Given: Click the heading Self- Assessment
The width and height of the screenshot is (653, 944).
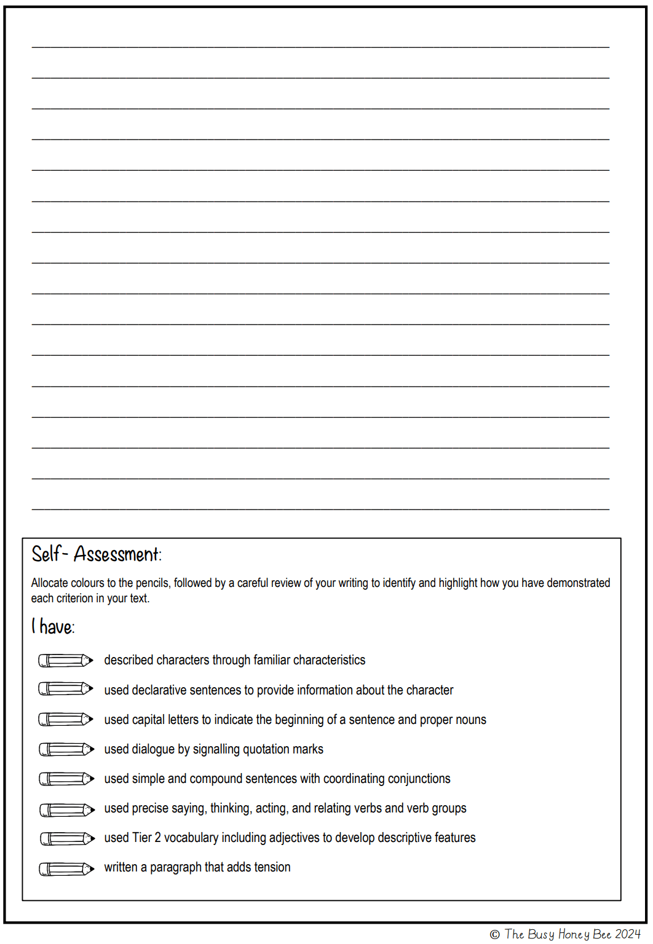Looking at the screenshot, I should point(96,554).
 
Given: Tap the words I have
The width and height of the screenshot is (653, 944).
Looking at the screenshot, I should point(53,627).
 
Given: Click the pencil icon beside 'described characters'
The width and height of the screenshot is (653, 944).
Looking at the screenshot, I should point(66,661).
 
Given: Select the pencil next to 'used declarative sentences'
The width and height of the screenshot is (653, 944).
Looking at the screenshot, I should point(66,689).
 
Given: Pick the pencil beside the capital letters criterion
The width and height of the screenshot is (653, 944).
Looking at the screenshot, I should point(66,719).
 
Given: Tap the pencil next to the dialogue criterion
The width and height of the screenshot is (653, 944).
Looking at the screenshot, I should point(66,749).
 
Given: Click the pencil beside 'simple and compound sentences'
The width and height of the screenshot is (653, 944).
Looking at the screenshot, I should point(66,779).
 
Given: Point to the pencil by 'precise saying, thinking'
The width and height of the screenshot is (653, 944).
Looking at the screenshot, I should point(67,810).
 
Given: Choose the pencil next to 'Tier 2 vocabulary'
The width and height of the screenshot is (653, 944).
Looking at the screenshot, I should point(67,838).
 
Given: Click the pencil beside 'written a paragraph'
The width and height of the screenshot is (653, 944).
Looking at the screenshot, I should point(66,868).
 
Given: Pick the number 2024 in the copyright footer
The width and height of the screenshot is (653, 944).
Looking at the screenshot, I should point(628,934).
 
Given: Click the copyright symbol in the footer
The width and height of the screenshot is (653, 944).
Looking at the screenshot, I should point(495,935).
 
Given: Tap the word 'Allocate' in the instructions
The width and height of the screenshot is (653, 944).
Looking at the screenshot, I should point(50,583).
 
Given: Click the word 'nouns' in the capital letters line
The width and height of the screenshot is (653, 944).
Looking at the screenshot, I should point(470,720).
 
